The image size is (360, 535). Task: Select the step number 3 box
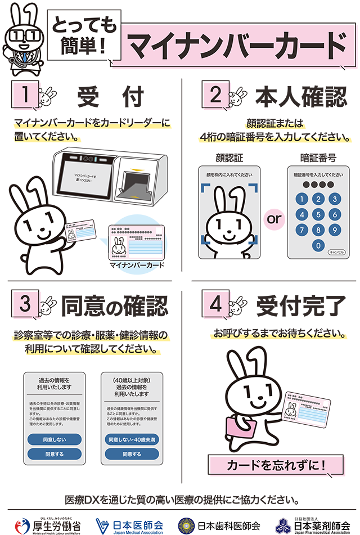pyautogui.click(x=24, y=304)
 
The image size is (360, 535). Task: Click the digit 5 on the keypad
pyautogui.click(x=318, y=214)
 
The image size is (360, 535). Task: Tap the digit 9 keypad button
pyautogui.click(x=335, y=230)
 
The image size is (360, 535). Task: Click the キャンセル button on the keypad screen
pyautogui.click(x=337, y=252)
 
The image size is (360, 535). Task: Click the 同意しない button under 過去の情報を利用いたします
pyautogui.click(x=55, y=439)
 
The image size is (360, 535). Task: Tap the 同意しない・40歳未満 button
pyautogui.click(x=132, y=439)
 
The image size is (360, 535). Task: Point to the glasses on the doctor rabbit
pyautogui.click(x=23, y=37)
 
